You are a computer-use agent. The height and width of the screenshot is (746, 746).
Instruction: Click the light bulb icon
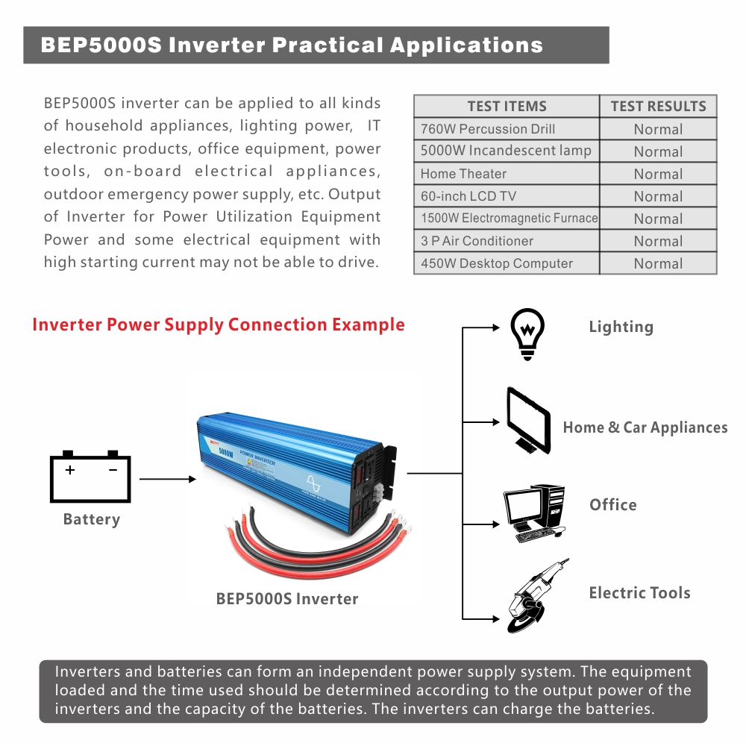point(527,333)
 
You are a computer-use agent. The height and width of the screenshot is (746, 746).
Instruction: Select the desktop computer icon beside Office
point(534,513)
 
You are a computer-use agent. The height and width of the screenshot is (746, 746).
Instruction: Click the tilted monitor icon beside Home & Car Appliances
point(529,420)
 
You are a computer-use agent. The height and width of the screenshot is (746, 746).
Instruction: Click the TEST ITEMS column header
point(507,107)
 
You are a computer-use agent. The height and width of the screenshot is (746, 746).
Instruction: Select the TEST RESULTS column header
point(658,107)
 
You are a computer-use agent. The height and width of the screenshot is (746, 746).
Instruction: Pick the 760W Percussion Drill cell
point(488,129)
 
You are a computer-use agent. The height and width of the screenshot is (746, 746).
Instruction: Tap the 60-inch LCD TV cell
point(468,196)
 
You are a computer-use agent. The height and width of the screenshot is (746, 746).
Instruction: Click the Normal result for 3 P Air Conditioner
point(658,241)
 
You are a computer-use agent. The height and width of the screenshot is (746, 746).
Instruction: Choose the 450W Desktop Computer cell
point(496,263)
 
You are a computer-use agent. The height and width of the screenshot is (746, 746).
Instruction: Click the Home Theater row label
point(463,174)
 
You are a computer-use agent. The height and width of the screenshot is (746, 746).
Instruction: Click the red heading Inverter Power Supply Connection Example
point(219,325)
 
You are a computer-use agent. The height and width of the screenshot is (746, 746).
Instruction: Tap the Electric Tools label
point(639,593)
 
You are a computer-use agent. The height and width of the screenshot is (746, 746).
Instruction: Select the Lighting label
point(621,327)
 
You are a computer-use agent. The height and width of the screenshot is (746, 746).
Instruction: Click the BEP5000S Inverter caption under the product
point(287,598)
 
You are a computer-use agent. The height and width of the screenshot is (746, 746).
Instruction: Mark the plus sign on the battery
point(70,470)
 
